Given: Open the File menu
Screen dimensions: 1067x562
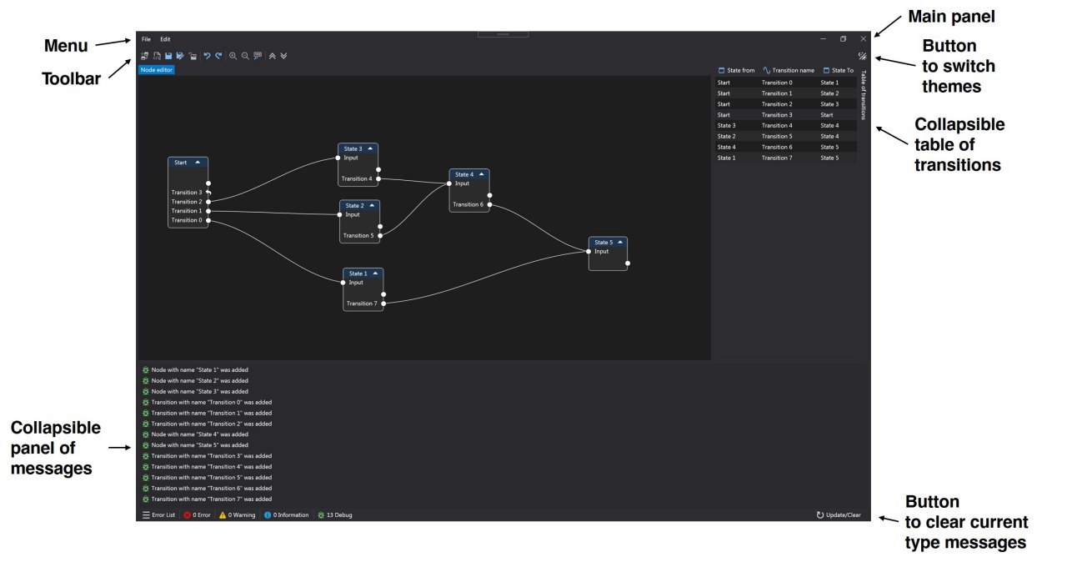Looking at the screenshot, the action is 146,39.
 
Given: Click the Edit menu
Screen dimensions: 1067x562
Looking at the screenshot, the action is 165,39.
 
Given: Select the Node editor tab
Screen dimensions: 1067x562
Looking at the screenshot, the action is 156,70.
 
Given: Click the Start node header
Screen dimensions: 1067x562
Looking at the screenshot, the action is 188,163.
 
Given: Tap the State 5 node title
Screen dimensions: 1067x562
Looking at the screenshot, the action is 604,243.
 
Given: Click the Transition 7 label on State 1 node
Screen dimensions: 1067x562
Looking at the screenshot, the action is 362,304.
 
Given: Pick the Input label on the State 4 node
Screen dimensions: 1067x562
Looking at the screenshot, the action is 462,183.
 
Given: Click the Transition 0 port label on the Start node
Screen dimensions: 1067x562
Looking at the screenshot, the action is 186,220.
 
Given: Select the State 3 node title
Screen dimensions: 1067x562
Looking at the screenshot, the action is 353,148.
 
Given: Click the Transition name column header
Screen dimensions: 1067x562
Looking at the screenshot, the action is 793,71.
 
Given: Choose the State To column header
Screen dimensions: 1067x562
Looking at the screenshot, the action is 843,71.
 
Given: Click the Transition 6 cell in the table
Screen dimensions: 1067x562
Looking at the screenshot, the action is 777,147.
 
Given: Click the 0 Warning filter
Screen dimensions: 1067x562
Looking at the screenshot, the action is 238,514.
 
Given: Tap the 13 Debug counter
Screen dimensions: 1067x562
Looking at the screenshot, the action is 335,514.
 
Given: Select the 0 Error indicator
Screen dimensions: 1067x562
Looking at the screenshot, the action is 198,514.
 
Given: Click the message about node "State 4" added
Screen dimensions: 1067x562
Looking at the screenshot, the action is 199,434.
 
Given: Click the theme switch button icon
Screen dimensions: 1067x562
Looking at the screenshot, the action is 862,56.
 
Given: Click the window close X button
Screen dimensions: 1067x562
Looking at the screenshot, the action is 863,39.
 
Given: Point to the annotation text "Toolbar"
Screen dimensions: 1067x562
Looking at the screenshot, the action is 71,79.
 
